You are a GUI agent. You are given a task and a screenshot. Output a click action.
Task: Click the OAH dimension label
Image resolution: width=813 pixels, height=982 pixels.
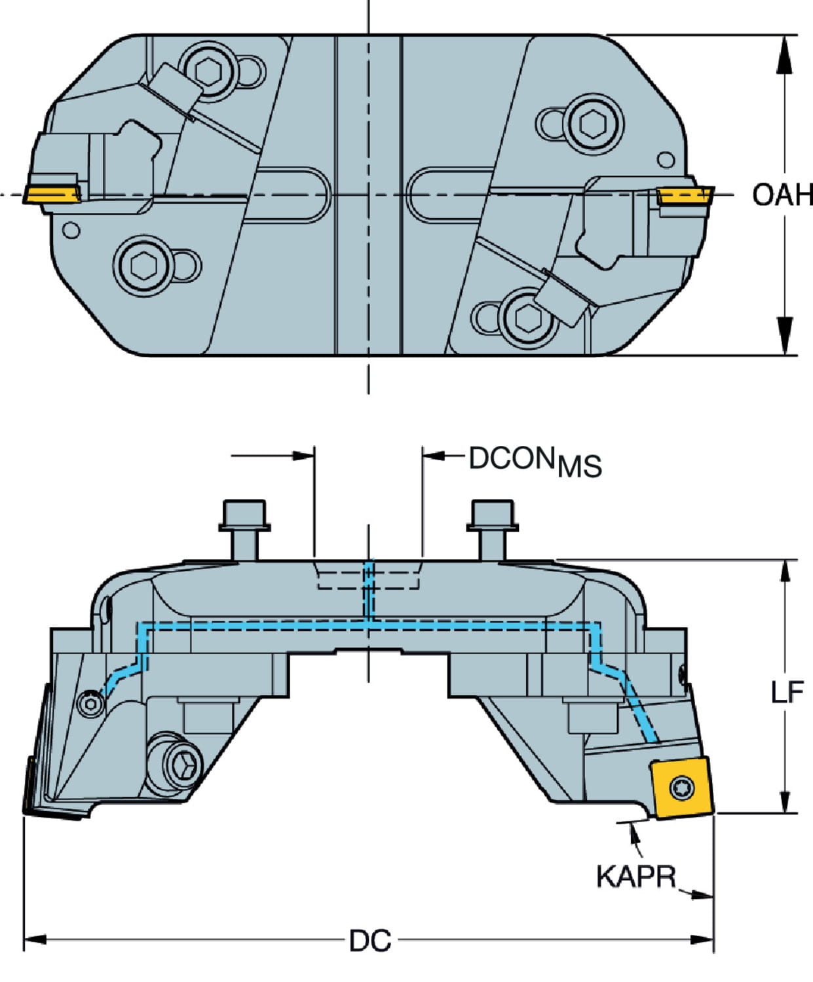pos(782,195)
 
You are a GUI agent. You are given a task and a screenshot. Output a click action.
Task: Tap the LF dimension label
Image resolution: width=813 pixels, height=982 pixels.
pos(786,692)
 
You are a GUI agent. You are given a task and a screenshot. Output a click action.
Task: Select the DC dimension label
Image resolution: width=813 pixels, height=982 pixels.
pos(370,941)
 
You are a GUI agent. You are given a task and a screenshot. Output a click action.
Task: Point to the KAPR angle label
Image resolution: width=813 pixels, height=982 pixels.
pos(635,876)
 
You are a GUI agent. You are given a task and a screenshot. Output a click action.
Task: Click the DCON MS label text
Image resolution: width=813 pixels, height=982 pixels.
pos(535,462)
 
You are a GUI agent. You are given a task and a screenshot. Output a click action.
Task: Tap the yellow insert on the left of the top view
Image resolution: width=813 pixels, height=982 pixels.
pos(52,194)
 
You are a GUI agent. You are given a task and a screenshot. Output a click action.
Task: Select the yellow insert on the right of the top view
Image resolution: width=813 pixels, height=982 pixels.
pos(685,194)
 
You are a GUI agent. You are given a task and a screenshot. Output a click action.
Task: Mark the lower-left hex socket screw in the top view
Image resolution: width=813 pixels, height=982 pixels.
pos(143,265)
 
